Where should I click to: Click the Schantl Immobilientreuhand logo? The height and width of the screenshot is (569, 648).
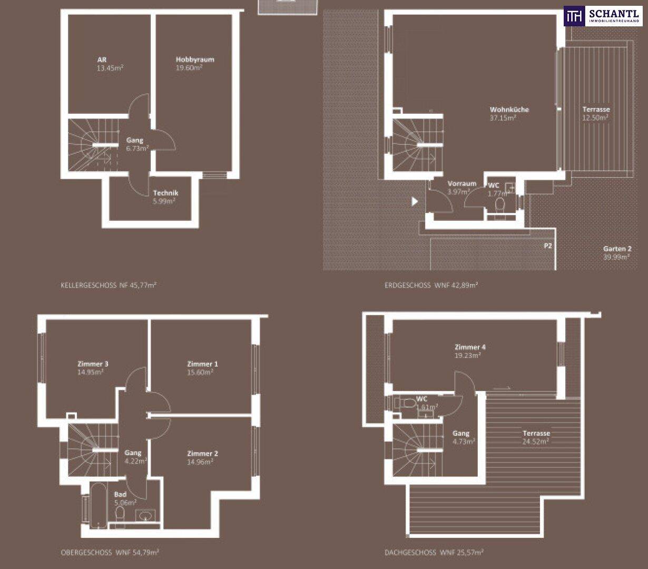point(603,16)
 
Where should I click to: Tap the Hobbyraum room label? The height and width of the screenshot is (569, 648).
point(195,60)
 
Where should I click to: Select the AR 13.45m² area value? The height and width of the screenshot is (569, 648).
point(110,68)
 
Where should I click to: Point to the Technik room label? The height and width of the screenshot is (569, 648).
point(165,193)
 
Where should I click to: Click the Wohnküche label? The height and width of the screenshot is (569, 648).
point(509,110)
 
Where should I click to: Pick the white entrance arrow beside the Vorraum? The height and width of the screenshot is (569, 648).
point(415,201)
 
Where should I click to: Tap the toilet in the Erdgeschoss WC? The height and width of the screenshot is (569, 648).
point(499,203)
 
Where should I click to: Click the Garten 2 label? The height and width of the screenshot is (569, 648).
point(617,249)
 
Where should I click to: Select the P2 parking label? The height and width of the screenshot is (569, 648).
point(547,246)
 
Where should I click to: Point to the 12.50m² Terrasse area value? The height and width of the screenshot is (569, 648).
point(595,117)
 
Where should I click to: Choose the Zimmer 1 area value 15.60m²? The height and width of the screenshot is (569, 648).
point(200,372)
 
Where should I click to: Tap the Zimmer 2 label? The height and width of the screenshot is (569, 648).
point(202,453)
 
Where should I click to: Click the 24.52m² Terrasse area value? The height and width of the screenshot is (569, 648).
point(536,442)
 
